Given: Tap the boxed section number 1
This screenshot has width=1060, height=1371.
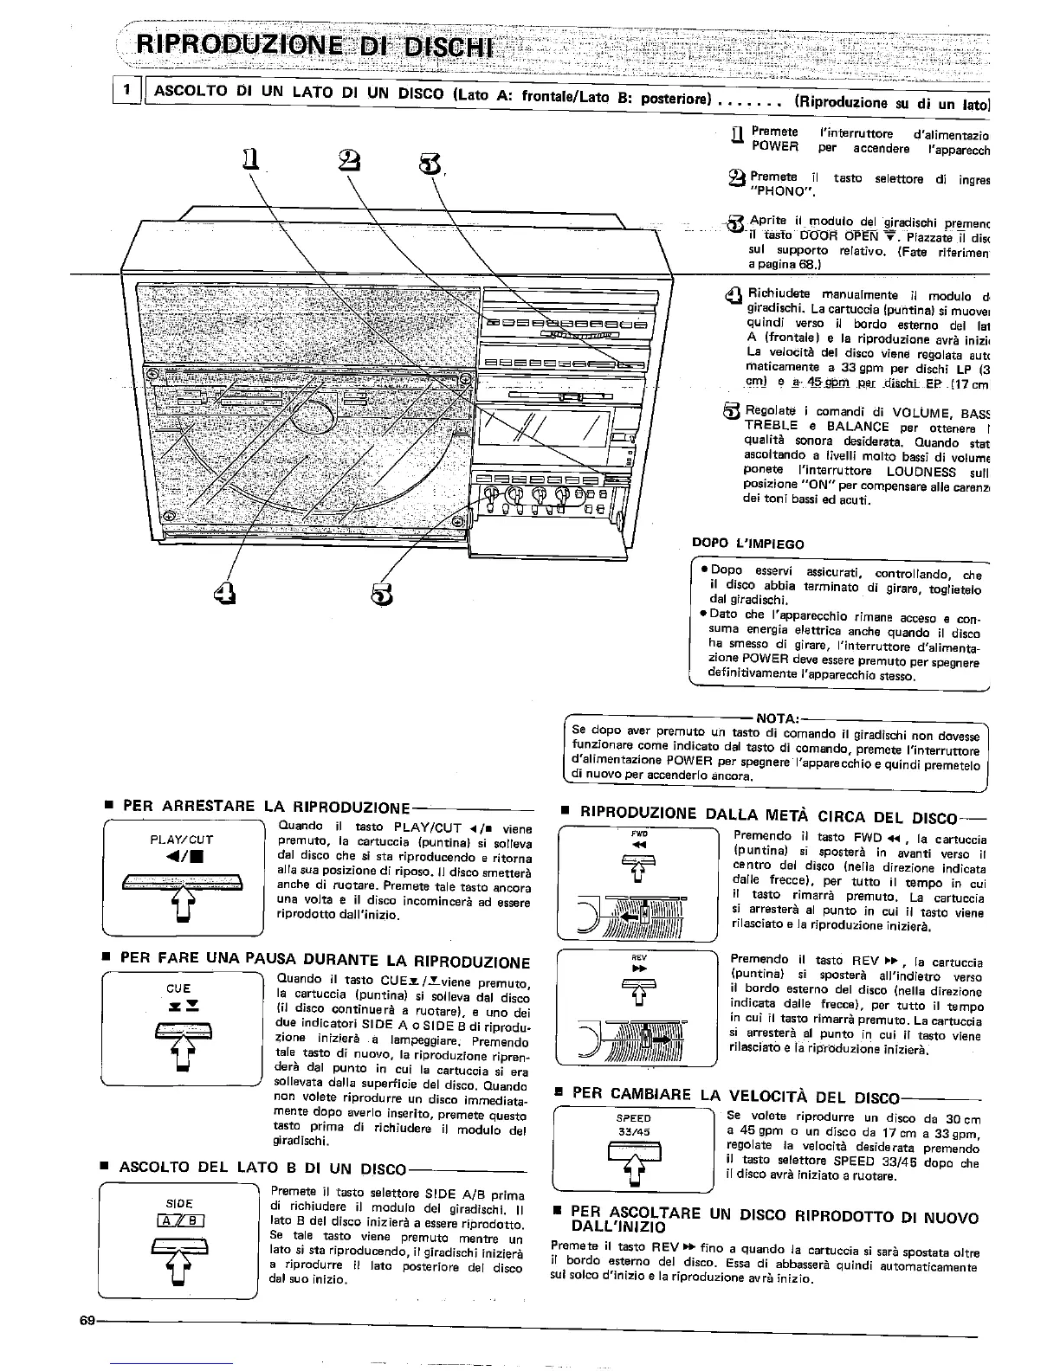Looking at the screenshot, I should click(127, 89).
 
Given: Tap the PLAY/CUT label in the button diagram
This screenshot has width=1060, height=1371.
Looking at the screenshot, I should click(182, 839).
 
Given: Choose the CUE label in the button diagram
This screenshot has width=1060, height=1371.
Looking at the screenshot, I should click(178, 988).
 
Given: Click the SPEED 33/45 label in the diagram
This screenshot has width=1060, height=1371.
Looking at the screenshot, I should click(634, 1124).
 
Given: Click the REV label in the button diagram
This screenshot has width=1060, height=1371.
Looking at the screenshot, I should click(639, 957).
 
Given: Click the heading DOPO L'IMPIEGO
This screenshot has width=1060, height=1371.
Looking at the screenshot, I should click(748, 544).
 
